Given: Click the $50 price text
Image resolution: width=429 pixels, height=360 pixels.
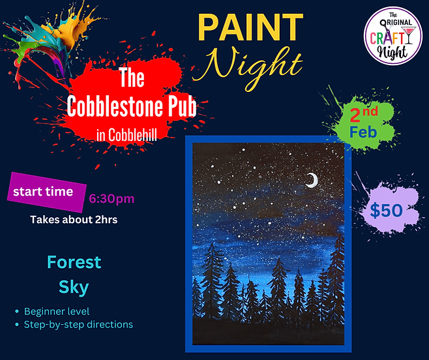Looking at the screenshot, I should click(x=386, y=211).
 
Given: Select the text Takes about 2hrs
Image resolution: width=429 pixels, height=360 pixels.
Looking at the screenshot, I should click(x=74, y=220).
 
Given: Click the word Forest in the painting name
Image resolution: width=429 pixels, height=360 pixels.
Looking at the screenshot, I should click(x=74, y=262).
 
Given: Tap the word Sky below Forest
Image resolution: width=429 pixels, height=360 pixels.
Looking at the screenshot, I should click(x=74, y=288).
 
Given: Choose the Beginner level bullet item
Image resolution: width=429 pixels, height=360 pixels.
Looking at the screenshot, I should click(x=56, y=312).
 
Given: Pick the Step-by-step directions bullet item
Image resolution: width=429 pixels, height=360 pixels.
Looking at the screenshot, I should click(x=78, y=324).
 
